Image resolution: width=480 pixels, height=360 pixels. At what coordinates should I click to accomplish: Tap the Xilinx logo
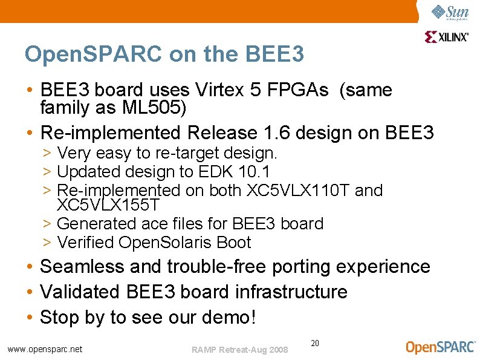pyautogui.click(x=447, y=37)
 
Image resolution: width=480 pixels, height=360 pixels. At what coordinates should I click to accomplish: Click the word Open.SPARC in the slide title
pyautogui.click(x=94, y=54)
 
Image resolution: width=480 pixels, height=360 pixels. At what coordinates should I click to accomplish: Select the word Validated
pyautogui.click(x=80, y=292)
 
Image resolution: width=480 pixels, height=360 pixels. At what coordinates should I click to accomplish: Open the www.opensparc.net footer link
pyautogui.click(x=45, y=349)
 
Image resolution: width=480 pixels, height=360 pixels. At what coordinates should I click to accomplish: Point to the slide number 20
pyautogui.click(x=315, y=343)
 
